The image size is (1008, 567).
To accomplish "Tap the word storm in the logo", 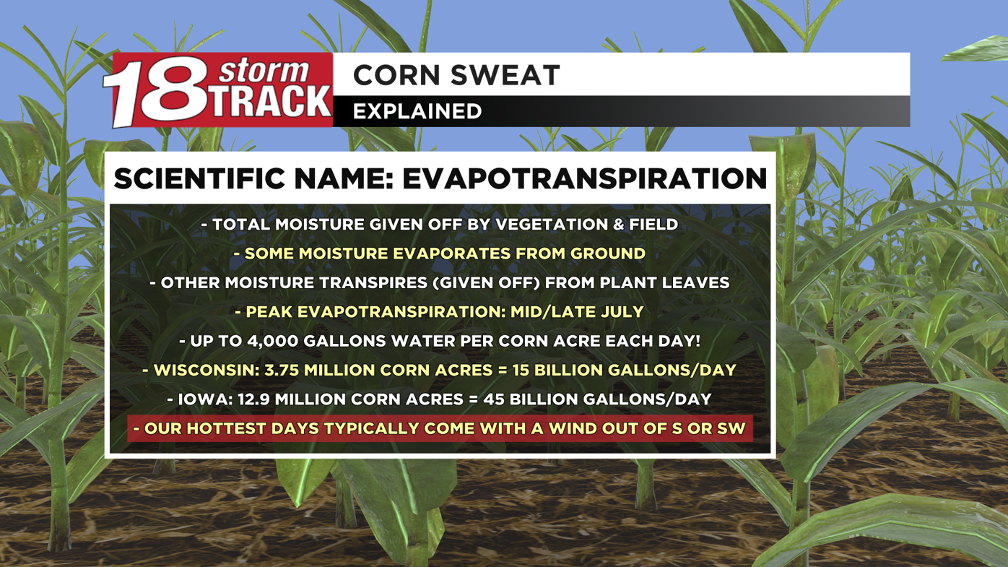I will coord(263,71).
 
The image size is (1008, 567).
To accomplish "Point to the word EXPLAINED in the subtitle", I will coord(417,111).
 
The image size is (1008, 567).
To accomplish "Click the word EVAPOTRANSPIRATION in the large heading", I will coord(584,179).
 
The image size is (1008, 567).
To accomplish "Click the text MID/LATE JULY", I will coord(576,312).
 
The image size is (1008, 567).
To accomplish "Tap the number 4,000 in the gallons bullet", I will coord(271,341).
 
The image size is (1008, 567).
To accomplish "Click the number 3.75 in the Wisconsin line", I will coord(281,371).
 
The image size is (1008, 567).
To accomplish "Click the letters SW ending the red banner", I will coord(731,428).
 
